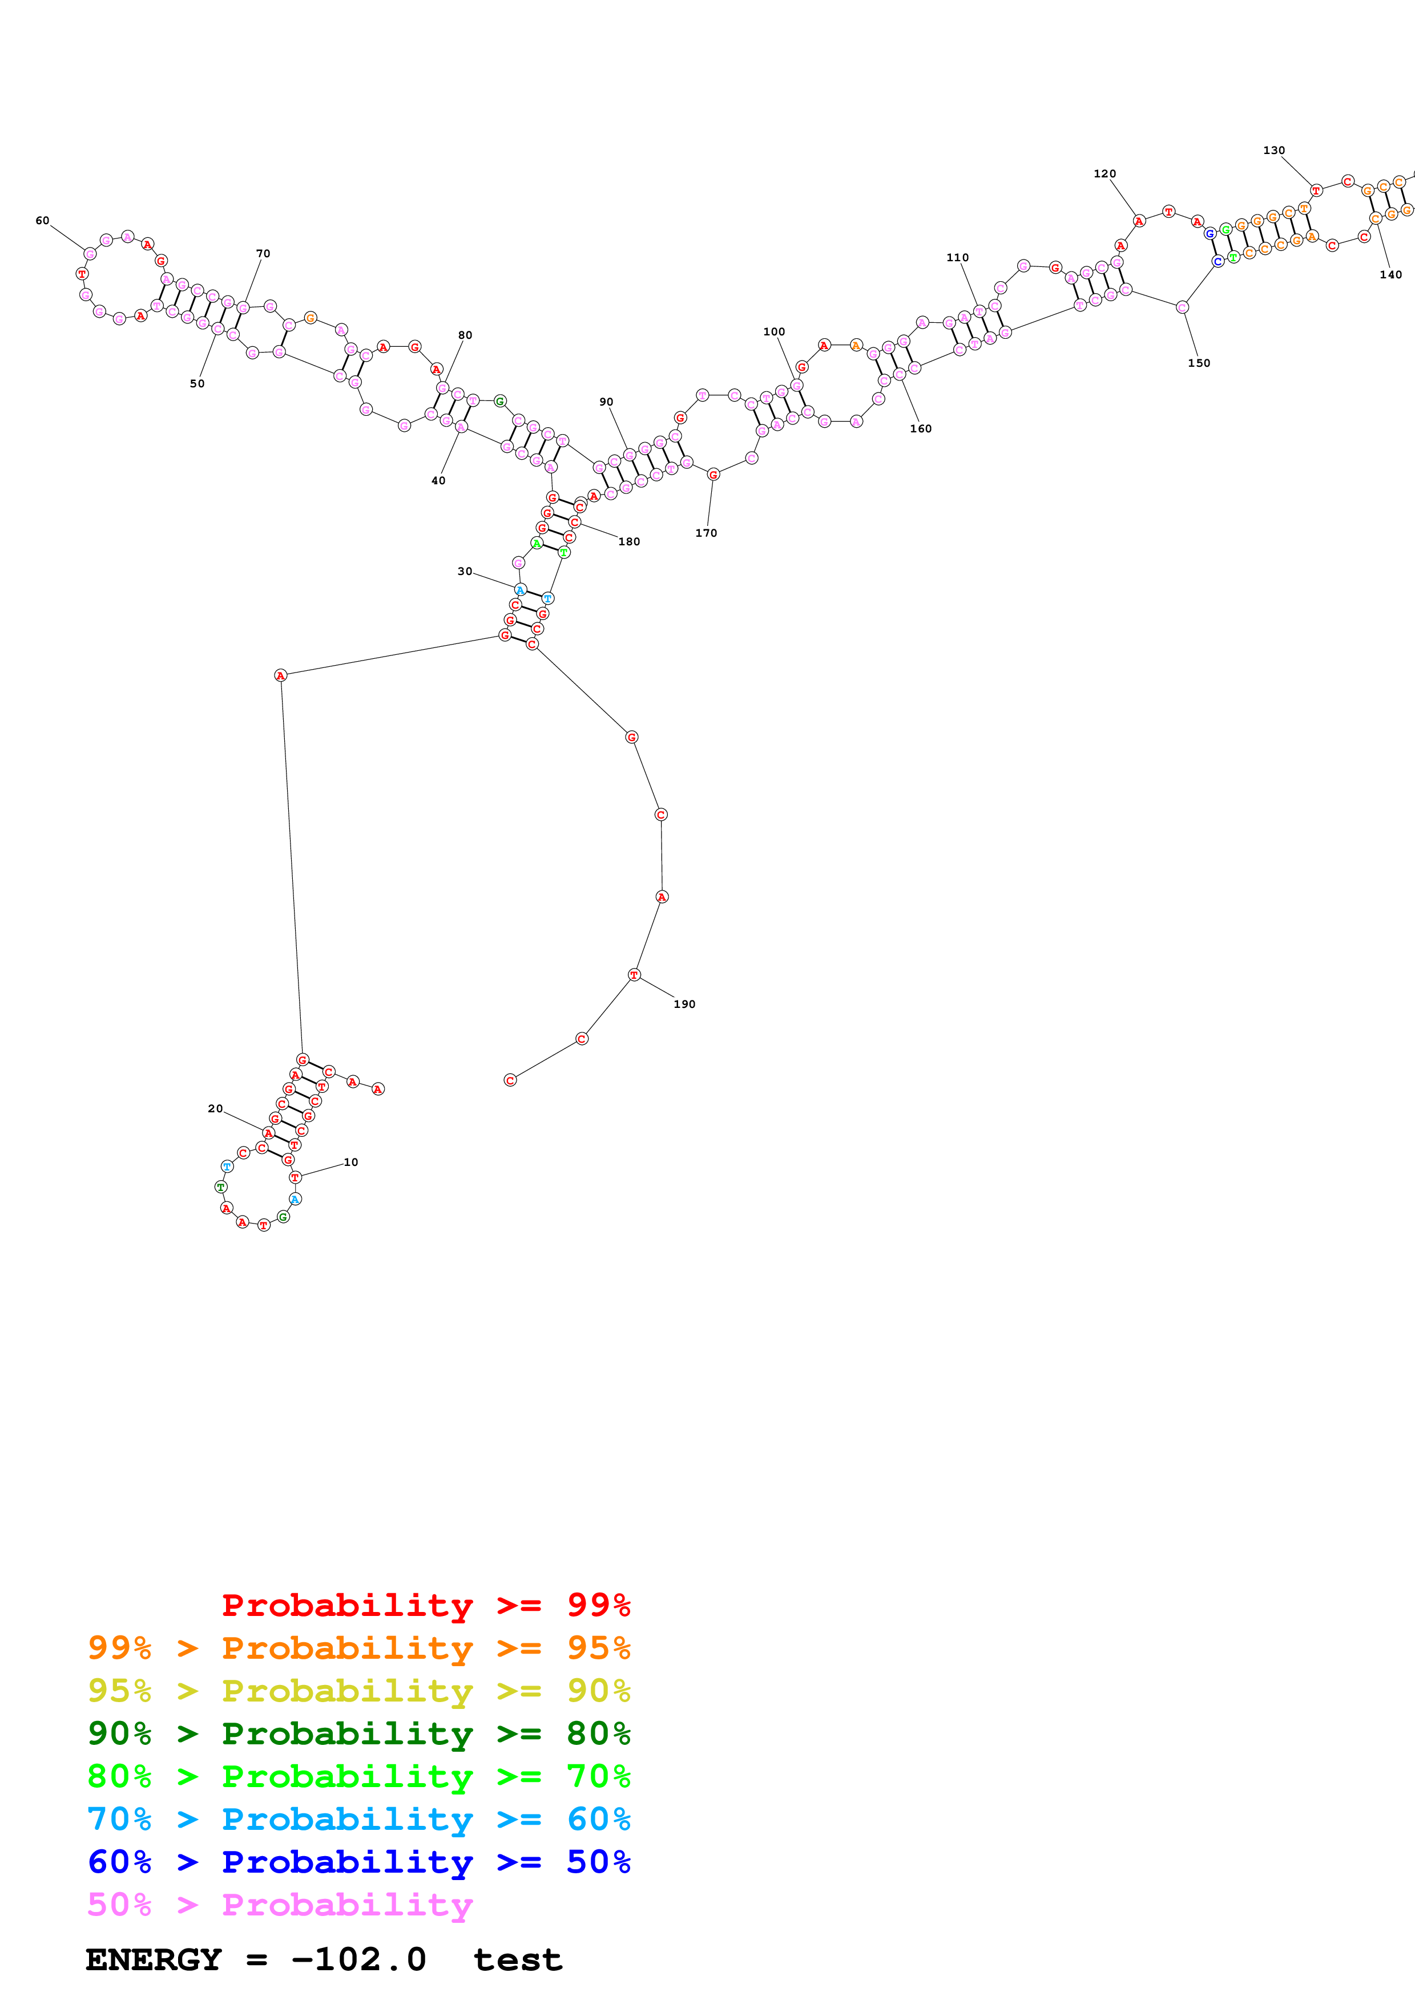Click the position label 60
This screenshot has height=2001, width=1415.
[x=42, y=221]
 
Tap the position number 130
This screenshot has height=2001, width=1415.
[x=1274, y=150]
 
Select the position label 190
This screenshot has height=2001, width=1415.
[x=684, y=1004]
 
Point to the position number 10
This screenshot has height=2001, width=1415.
[x=350, y=1162]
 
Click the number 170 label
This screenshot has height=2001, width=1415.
[x=706, y=533]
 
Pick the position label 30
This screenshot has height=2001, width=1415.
[x=465, y=571]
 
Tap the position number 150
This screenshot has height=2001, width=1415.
[x=1199, y=363]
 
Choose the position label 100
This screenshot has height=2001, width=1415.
[x=774, y=331]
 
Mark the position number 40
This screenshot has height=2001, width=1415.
[x=438, y=480]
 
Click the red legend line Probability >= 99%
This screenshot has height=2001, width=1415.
[x=425, y=1605]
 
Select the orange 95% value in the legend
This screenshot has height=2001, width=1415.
[x=598, y=1648]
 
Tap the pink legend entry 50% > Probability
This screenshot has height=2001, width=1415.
[x=280, y=1904]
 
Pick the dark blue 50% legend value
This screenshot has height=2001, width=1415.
[x=598, y=1862]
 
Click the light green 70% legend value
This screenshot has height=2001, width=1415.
[x=598, y=1776]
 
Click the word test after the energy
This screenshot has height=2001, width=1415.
[x=518, y=1960]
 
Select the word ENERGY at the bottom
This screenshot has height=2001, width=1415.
[x=154, y=1960]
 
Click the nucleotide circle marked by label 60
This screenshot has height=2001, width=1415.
[x=90, y=254]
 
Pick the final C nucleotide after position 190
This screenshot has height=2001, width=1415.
[x=510, y=1080]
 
